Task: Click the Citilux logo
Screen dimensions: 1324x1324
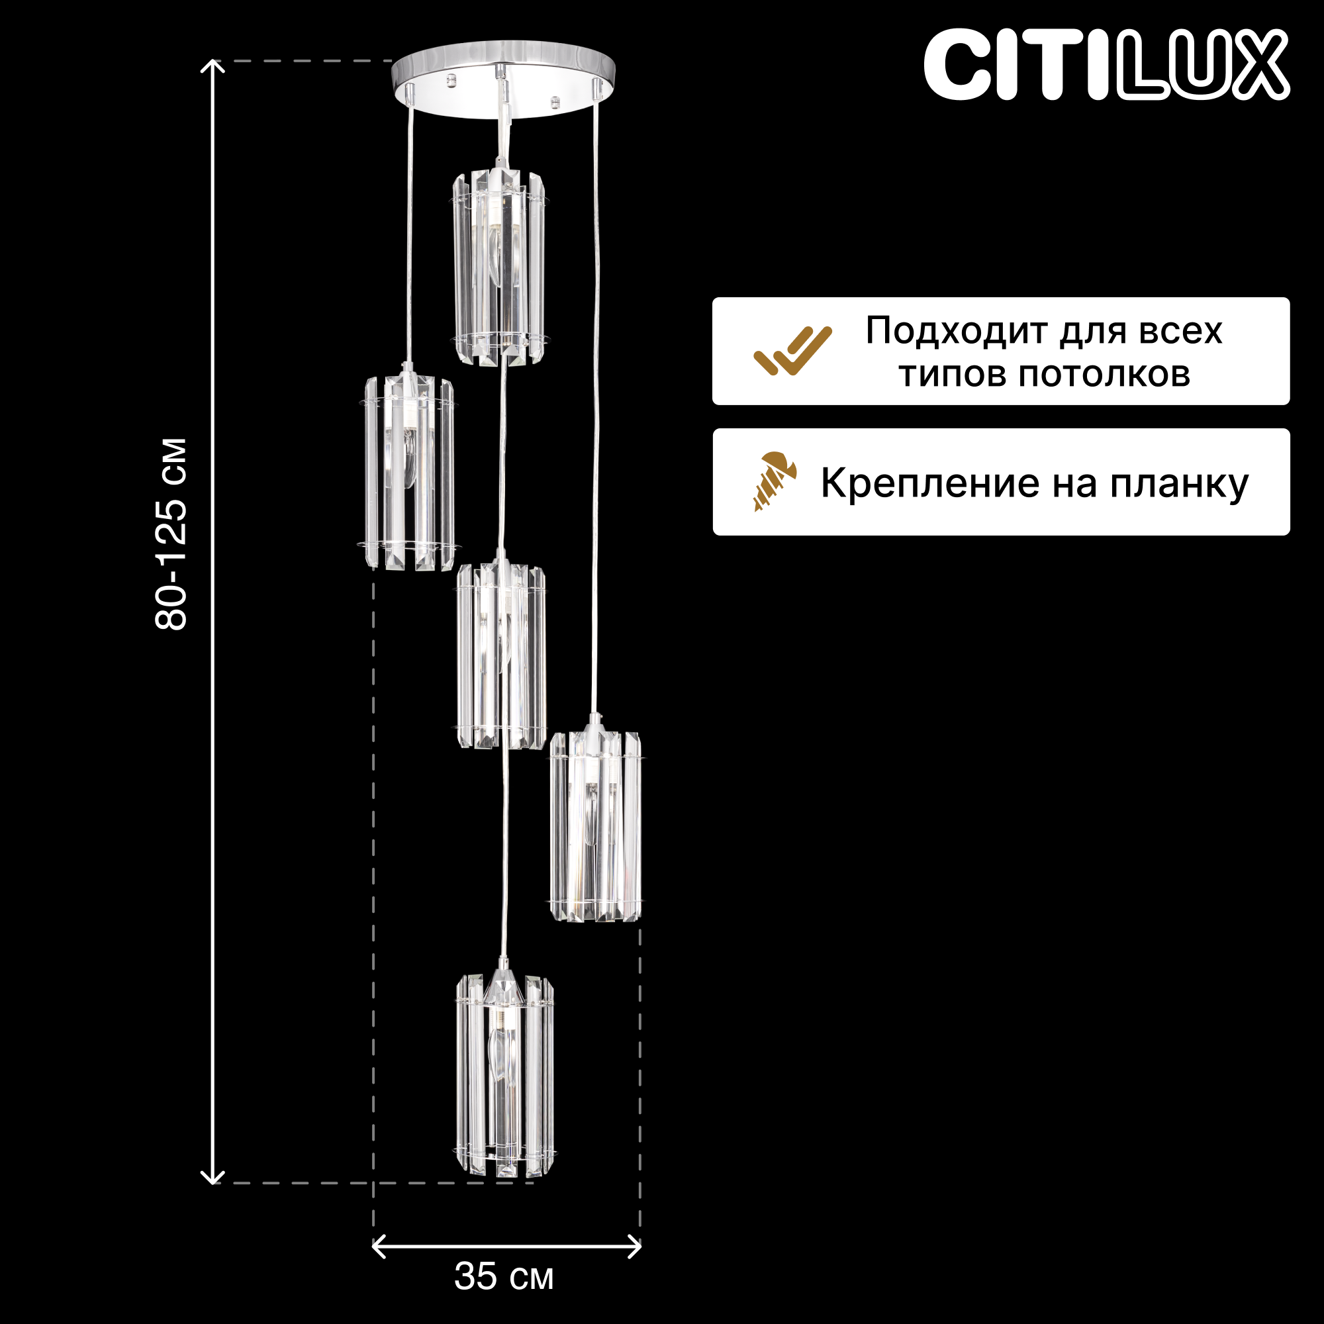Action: (1106, 65)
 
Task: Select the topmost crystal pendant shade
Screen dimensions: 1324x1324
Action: (499, 267)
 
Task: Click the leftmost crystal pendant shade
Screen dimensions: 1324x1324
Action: (408, 473)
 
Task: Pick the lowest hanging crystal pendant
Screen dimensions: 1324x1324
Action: (504, 1076)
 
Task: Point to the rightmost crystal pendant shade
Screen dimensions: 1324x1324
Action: (595, 826)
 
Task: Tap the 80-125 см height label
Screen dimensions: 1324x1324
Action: (171, 534)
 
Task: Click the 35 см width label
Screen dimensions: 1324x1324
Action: (504, 1277)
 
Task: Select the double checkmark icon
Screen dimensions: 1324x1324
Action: (792, 351)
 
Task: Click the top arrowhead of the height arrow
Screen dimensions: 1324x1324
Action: (213, 66)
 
